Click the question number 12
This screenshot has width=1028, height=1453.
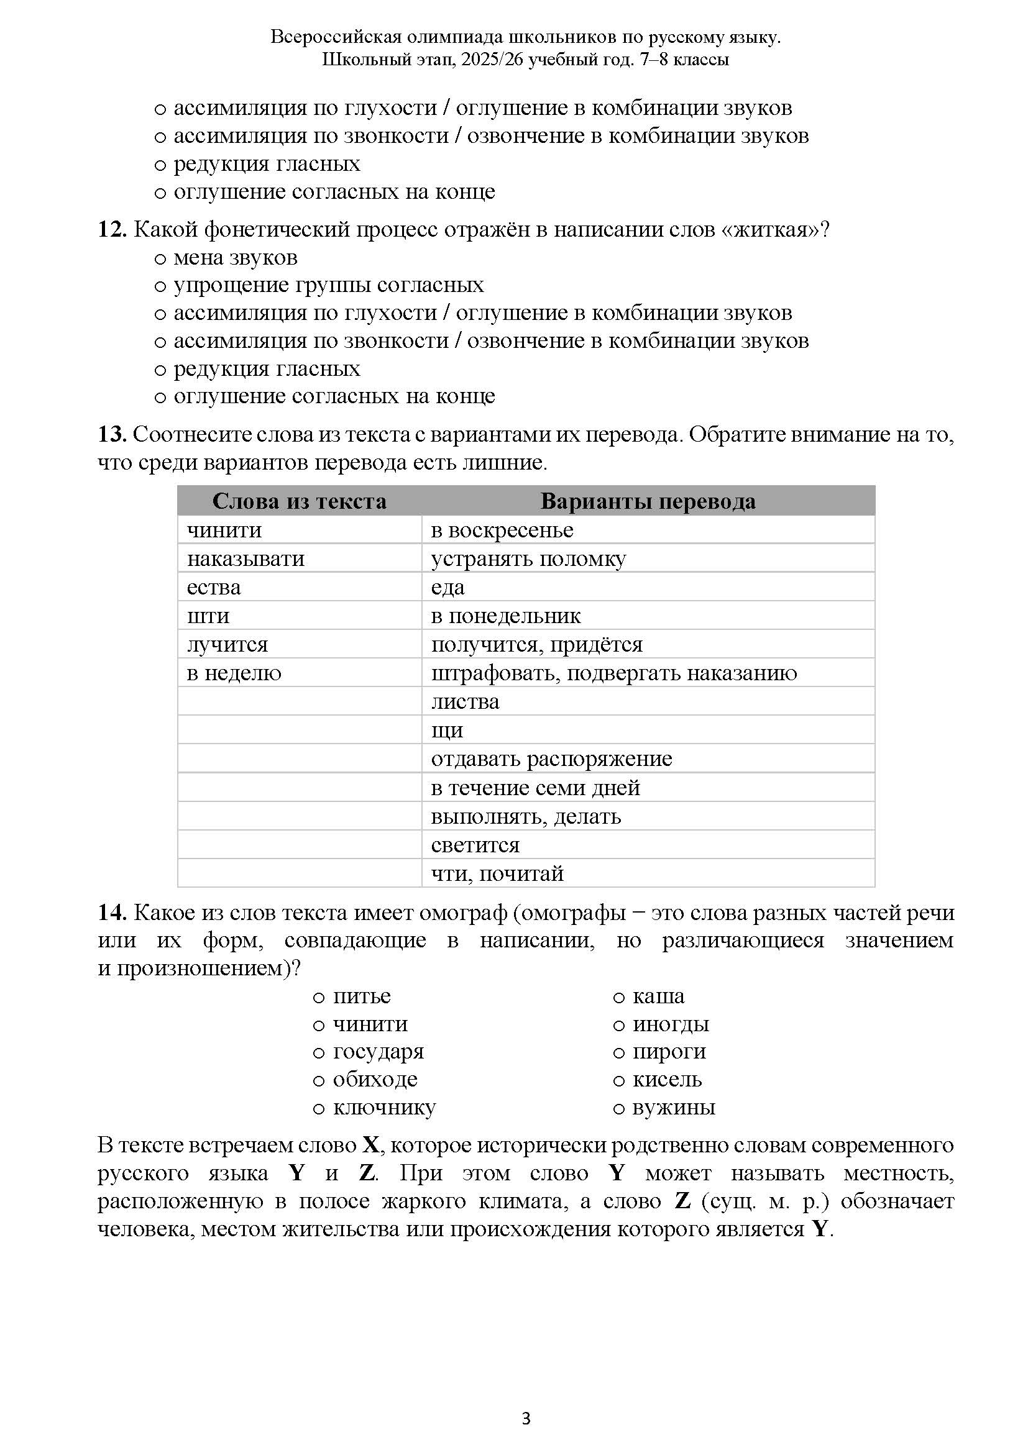pyautogui.click(x=111, y=230)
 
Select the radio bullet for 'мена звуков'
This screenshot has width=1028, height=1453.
pyautogui.click(x=160, y=259)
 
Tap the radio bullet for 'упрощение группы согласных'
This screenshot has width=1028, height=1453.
pyautogui.click(x=160, y=286)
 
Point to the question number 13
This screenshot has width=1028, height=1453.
pyautogui.click(x=111, y=435)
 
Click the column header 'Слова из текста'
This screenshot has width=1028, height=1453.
pyautogui.click(x=300, y=501)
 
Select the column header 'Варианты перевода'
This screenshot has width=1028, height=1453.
pyautogui.click(x=648, y=501)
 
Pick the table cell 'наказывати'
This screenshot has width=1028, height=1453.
pyautogui.click(x=246, y=559)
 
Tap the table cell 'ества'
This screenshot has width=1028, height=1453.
pyautogui.click(x=214, y=587)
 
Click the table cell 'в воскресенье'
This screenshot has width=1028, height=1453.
pyautogui.click(x=502, y=531)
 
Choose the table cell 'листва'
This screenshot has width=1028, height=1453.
pyautogui.click(x=466, y=702)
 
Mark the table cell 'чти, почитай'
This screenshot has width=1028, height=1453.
pyautogui.click(x=497, y=874)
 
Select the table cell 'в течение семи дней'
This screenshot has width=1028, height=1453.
pyautogui.click(x=536, y=788)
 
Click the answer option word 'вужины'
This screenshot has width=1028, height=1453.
pyautogui.click(x=674, y=1108)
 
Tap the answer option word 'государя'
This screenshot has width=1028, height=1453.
pyautogui.click(x=378, y=1052)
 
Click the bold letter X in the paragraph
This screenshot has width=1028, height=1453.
pyautogui.click(x=370, y=1146)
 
